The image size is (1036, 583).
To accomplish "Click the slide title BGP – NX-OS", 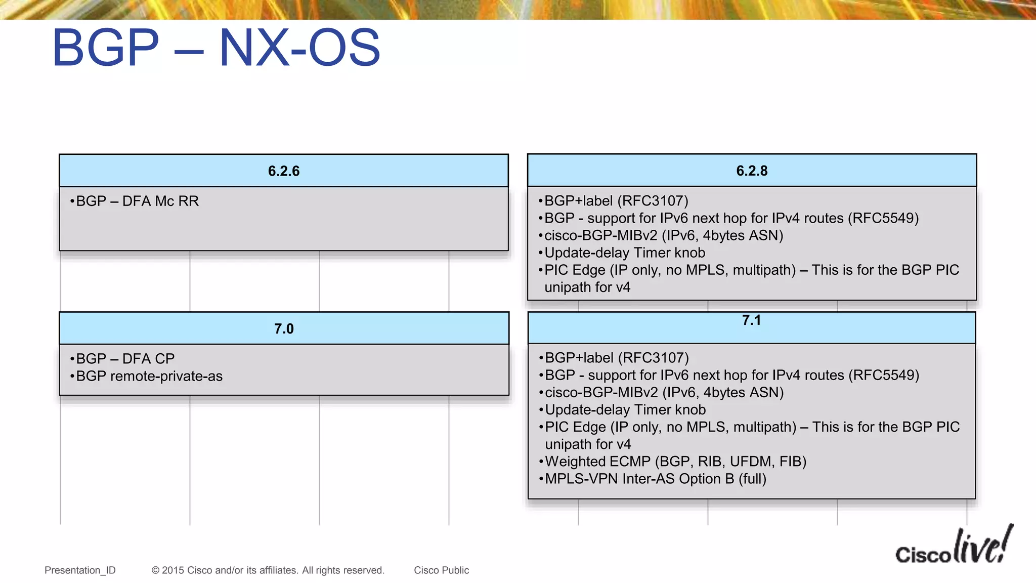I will [216, 48].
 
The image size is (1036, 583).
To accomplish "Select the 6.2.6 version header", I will [284, 171].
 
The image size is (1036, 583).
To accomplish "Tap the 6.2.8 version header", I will [752, 171].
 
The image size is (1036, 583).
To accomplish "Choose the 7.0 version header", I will [284, 329].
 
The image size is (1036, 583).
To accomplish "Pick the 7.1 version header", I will [751, 320].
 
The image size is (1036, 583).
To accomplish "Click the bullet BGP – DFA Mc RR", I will [137, 201].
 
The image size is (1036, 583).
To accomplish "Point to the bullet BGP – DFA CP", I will [125, 359].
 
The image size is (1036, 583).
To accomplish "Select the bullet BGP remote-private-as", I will [149, 377].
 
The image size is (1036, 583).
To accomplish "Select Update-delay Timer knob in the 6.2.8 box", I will [624, 253].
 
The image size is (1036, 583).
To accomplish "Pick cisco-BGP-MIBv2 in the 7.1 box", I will [601, 393].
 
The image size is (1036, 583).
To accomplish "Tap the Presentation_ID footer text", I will [80, 570].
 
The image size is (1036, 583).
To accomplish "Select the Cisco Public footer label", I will [441, 570].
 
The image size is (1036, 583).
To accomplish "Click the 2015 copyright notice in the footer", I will [268, 570].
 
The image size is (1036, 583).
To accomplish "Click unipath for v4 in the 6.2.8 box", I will [587, 287].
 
